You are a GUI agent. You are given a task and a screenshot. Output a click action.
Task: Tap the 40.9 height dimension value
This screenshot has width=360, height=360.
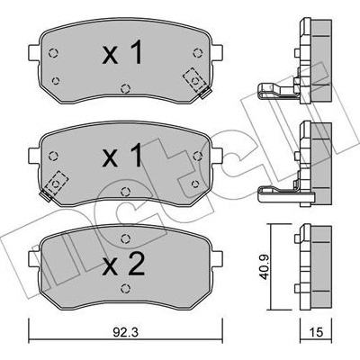[265, 267]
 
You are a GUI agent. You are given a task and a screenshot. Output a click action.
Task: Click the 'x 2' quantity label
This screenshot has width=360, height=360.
[123, 264]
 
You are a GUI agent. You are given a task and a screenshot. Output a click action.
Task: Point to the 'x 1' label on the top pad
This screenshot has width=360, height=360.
[122, 52]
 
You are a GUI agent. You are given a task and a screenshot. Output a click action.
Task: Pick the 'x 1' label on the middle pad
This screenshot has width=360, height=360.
[122, 155]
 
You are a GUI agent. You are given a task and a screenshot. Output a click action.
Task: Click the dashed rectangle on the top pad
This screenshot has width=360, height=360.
[194, 80]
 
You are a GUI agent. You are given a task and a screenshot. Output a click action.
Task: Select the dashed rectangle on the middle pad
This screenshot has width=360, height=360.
[57, 183]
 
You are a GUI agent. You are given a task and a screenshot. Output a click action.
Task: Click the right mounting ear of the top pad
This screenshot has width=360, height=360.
[217, 52]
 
